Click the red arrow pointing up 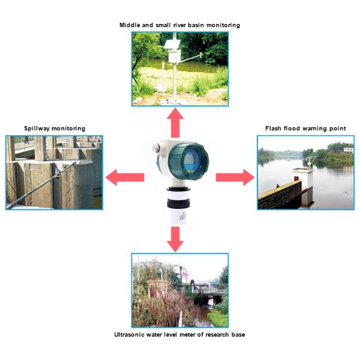[175, 122]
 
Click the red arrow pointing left [124, 177]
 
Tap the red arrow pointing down [175, 238]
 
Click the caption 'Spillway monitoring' [55, 128]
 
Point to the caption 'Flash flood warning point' [305, 128]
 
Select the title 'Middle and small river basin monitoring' [180, 25]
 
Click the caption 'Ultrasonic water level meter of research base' [179, 334]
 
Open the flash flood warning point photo [305, 172]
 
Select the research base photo [180, 290]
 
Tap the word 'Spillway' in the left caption [37, 128]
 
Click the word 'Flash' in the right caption [274, 128]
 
